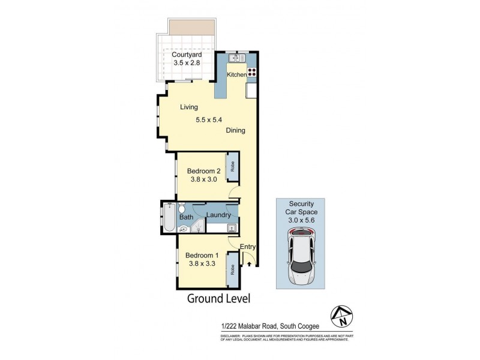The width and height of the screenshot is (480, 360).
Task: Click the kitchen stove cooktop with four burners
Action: tap(252, 72)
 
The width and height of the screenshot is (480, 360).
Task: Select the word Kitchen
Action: tap(237, 74)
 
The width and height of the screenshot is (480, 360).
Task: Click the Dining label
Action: tap(235, 130)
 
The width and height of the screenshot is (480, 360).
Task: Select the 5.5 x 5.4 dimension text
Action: tap(209, 119)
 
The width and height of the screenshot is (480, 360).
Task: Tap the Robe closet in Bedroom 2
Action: tap(231, 167)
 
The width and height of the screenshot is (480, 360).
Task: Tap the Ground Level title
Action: tap(218, 298)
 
